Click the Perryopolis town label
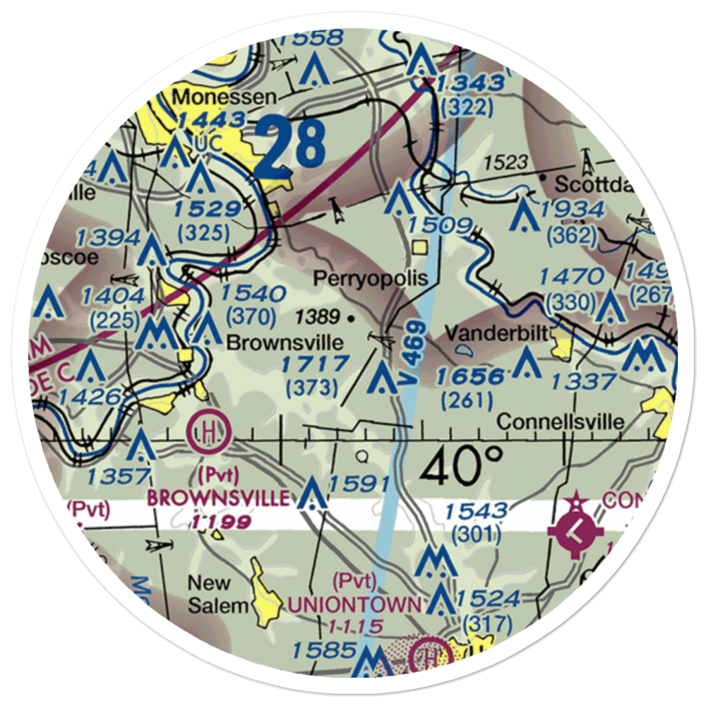pyautogui.click(x=371, y=278)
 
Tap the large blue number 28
pyautogui.click(x=291, y=149)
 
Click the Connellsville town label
pyautogui.click(x=560, y=421)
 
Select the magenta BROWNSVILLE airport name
pyautogui.click(x=217, y=498)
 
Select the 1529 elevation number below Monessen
pyautogui.click(x=204, y=209)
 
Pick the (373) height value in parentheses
pyautogui.click(x=311, y=388)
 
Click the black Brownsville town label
pyautogui.click(x=285, y=343)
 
